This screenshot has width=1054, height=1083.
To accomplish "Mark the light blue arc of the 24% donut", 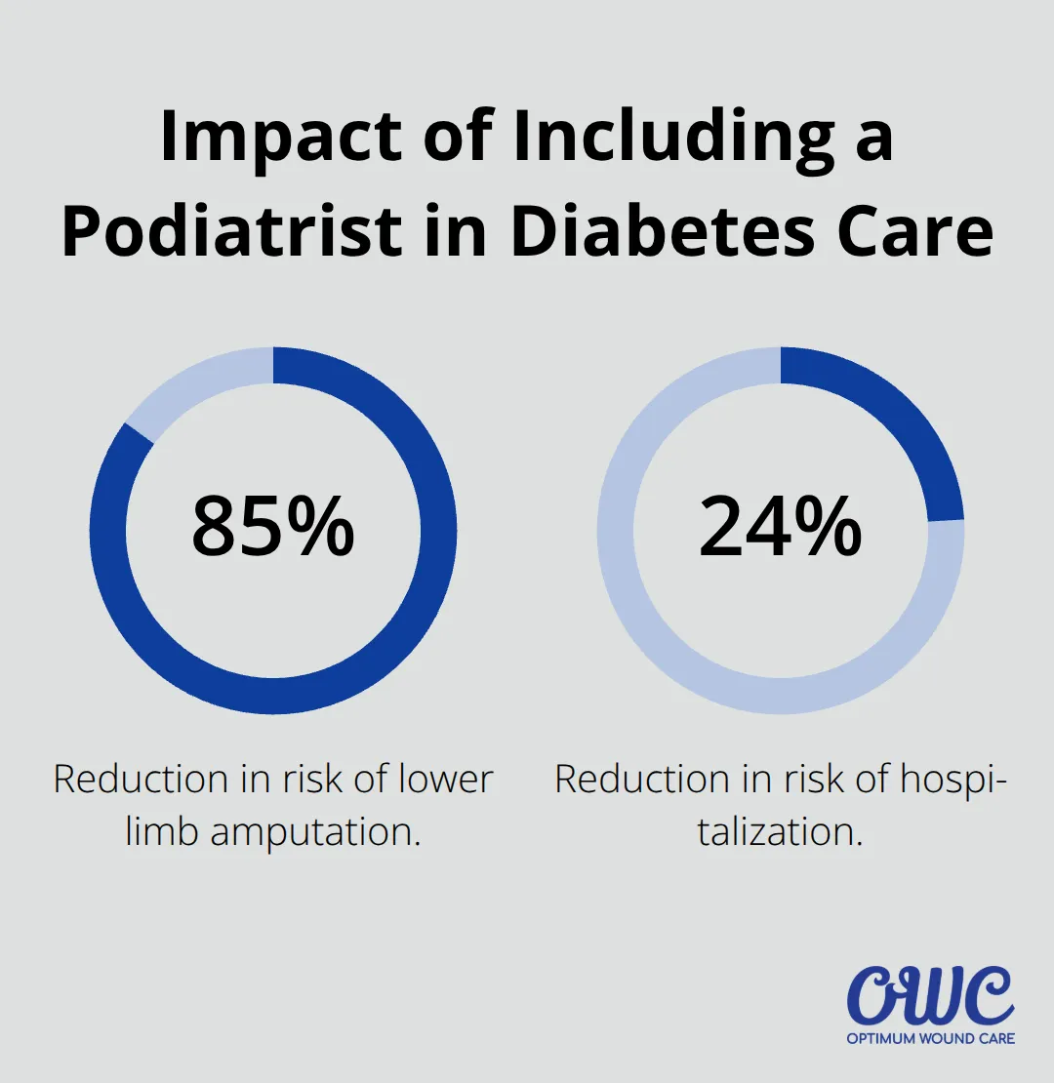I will click(x=683, y=663).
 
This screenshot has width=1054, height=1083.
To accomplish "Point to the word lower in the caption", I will click(x=446, y=780).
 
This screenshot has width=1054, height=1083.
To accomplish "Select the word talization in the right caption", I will click(x=780, y=832).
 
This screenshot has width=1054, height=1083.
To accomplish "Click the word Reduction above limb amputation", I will click(x=141, y=780).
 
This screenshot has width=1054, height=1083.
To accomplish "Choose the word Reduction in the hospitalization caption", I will click(x=642, y=780).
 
